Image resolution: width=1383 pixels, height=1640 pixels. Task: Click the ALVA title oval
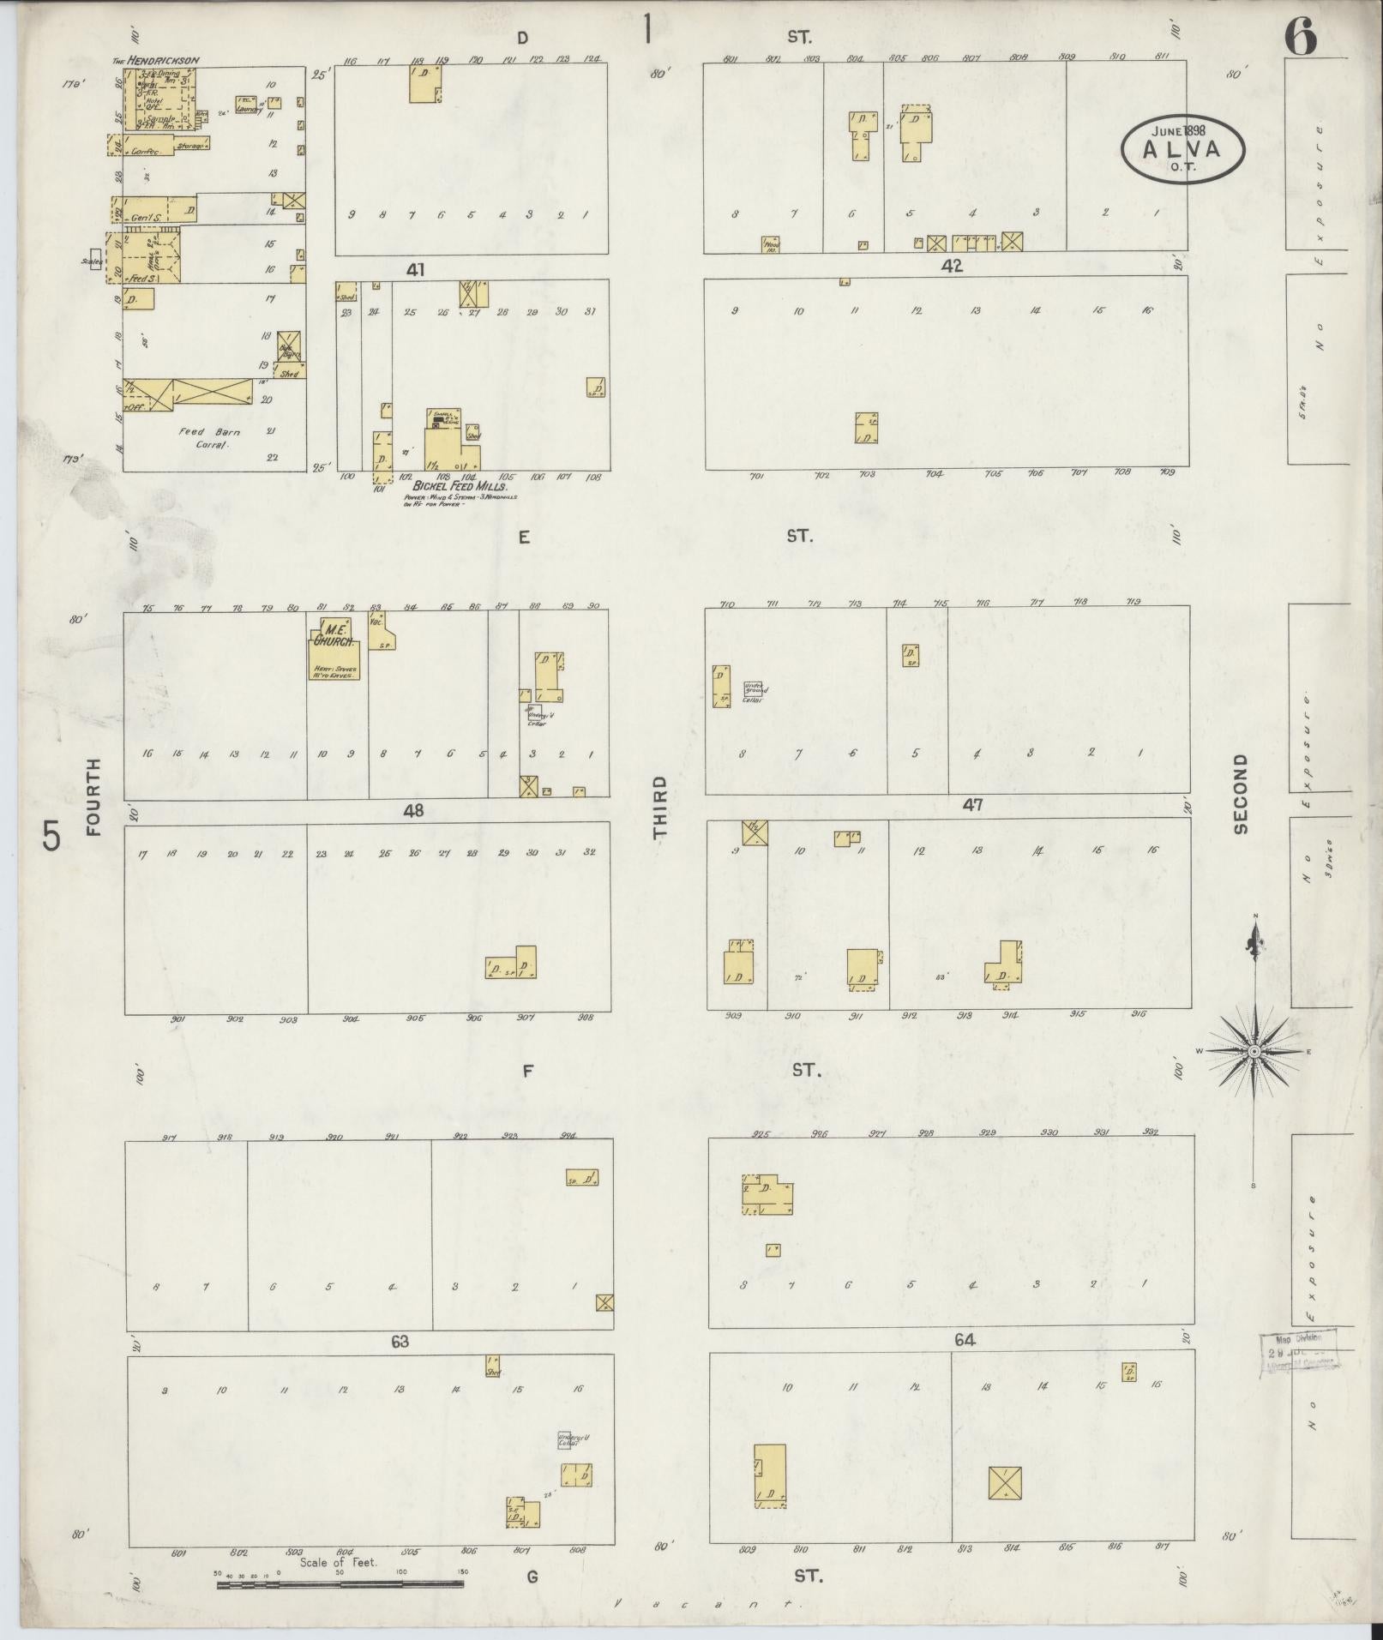pos(1182,147)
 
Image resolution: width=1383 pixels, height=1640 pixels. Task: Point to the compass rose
pos(1254,1051)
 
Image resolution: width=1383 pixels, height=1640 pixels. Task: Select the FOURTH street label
pos(93,797)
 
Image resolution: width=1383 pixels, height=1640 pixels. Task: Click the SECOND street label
pos(1240,794)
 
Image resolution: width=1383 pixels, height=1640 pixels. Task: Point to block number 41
pos(416,270)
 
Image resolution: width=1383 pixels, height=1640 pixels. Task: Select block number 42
pos(952,267)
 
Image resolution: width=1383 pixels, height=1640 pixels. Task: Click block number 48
pos(415,810)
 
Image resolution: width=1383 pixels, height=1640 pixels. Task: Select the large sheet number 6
pos(1301,39)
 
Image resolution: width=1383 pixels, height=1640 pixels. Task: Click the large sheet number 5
pos(52,836)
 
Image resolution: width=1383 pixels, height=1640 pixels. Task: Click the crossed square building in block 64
pos(1004,1483)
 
